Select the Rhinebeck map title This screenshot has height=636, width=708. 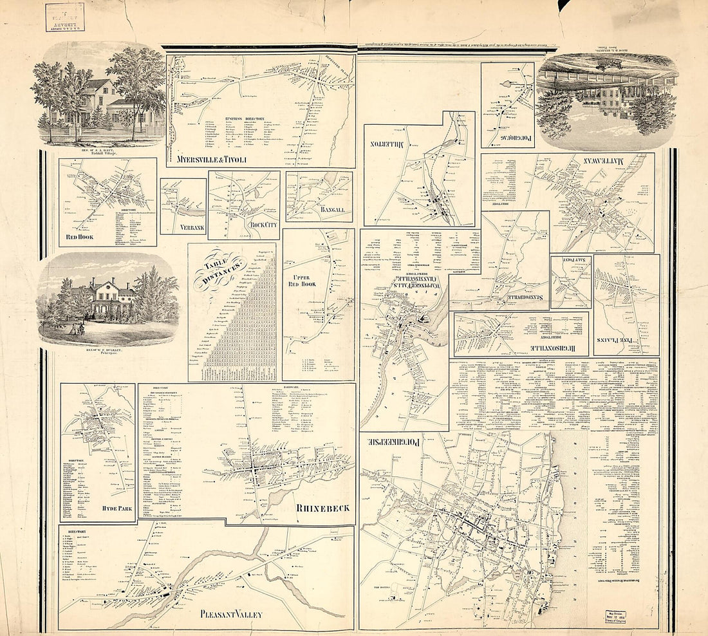(x=322, y=508)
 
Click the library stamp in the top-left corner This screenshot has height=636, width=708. (x=65, y=17)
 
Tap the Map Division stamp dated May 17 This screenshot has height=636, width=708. (x=619, y=616)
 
